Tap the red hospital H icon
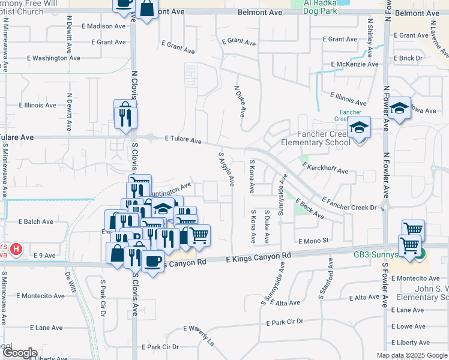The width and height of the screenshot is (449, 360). (x=17, y=248)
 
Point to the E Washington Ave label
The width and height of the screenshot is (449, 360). (x=52, y=58)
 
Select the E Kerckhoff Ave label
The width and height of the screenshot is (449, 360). (x=325, y=167)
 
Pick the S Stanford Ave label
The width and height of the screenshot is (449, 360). (x=330, y=275)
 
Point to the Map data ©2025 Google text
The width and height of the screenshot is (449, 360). (x=411, y=355)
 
